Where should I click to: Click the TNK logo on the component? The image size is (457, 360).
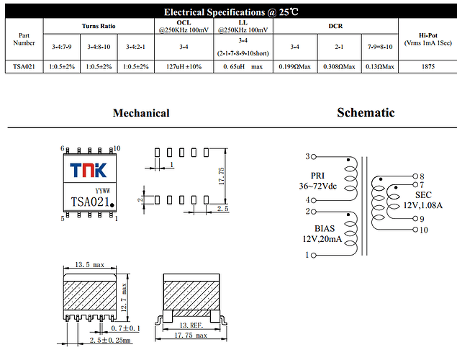(x=88, y=170)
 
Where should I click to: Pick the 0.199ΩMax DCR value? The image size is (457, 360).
(x=294, y=67)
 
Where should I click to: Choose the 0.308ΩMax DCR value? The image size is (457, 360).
(x=338, y=67)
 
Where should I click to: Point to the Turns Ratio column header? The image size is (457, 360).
(x=99, y=25)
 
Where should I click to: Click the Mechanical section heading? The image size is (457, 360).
(x=141, y=112)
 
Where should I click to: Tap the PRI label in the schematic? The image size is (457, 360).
(x=318, y=176)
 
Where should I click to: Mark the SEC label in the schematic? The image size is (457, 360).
(x=423, y=195)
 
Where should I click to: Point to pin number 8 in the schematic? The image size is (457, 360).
(x=422, y=176)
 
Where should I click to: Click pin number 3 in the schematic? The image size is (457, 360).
(x=307, y=156)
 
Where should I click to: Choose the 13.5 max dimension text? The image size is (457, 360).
(x=91, y=266)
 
